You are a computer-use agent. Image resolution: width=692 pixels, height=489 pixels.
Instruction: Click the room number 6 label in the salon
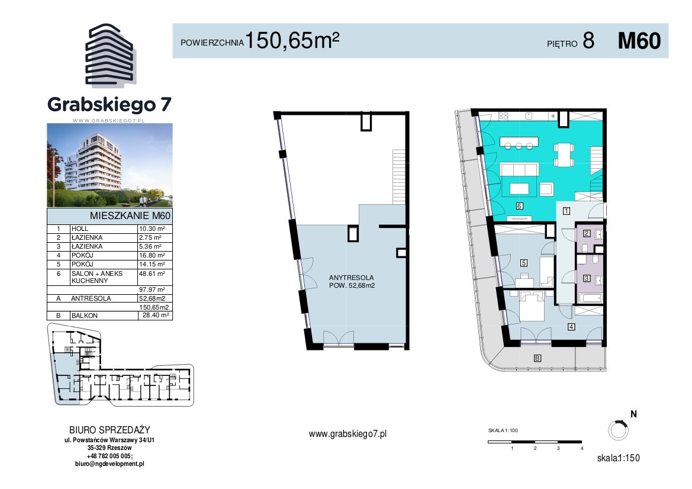(519, 206)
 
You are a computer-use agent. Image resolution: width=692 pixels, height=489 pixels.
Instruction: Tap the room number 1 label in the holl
(567, 211)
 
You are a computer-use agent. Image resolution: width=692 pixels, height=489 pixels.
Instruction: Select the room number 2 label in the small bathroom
(587, 233)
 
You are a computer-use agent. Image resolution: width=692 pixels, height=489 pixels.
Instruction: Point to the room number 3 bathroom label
(587, 278)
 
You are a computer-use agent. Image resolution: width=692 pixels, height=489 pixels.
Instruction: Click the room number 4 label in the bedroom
(571, 327)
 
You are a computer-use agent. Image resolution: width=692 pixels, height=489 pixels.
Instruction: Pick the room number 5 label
(524, 263)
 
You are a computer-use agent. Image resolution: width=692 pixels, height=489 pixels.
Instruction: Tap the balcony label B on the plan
(537, 358)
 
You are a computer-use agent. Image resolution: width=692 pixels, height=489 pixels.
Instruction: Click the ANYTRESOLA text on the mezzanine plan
(351, 278)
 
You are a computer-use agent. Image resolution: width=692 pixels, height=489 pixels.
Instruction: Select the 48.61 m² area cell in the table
(152, 274)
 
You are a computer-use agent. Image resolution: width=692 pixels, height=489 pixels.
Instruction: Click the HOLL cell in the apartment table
(80, 229)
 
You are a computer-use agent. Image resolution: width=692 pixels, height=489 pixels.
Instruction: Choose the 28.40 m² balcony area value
(155, 315)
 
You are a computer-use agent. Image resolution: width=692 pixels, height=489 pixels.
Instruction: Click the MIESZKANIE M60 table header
(130, 216)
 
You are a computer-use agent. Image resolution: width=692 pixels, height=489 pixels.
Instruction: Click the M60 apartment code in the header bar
(639, 41)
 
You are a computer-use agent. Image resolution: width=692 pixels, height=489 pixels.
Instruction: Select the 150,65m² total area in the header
(292, 40)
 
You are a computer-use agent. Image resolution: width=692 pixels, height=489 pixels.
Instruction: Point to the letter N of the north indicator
(634, 414)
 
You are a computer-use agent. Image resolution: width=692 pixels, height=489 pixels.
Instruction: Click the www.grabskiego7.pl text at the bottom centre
(347, 434)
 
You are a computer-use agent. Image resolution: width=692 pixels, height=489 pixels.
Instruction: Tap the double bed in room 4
(532, 305)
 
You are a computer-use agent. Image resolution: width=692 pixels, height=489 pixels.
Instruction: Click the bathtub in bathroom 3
(590, 298)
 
